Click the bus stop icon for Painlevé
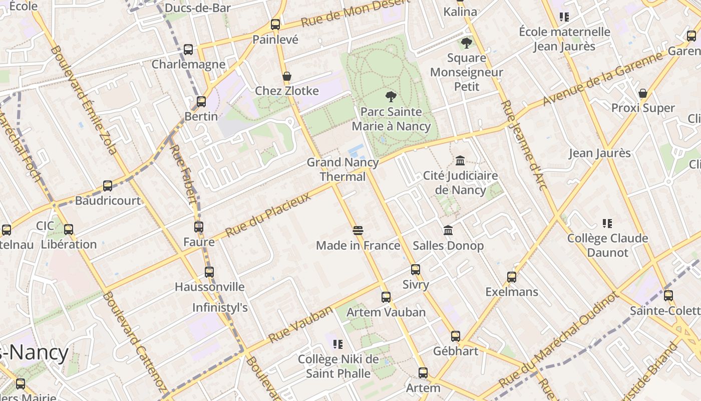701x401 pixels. [275, 24]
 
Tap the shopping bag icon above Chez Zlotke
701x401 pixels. [287, 77]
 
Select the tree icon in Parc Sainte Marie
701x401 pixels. [391, 97]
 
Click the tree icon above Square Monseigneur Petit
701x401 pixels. [467, 43]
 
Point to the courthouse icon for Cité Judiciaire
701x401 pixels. [460, 161]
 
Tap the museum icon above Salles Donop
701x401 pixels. [448, 231]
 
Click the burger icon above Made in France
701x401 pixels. [358, 231]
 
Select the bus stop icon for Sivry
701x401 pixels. [416, 270]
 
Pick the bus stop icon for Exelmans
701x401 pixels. [512, 277]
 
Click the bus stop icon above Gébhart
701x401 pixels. [455, 336]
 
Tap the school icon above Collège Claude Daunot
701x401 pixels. [607, 224]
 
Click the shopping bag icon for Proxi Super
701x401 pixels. [643, 94]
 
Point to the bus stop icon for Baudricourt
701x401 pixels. [108, 186]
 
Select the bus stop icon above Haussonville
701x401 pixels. [209, 272]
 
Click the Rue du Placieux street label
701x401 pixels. [268, 215]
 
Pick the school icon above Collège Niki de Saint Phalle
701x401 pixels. [338, 344]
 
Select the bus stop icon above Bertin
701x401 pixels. [201, 102]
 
